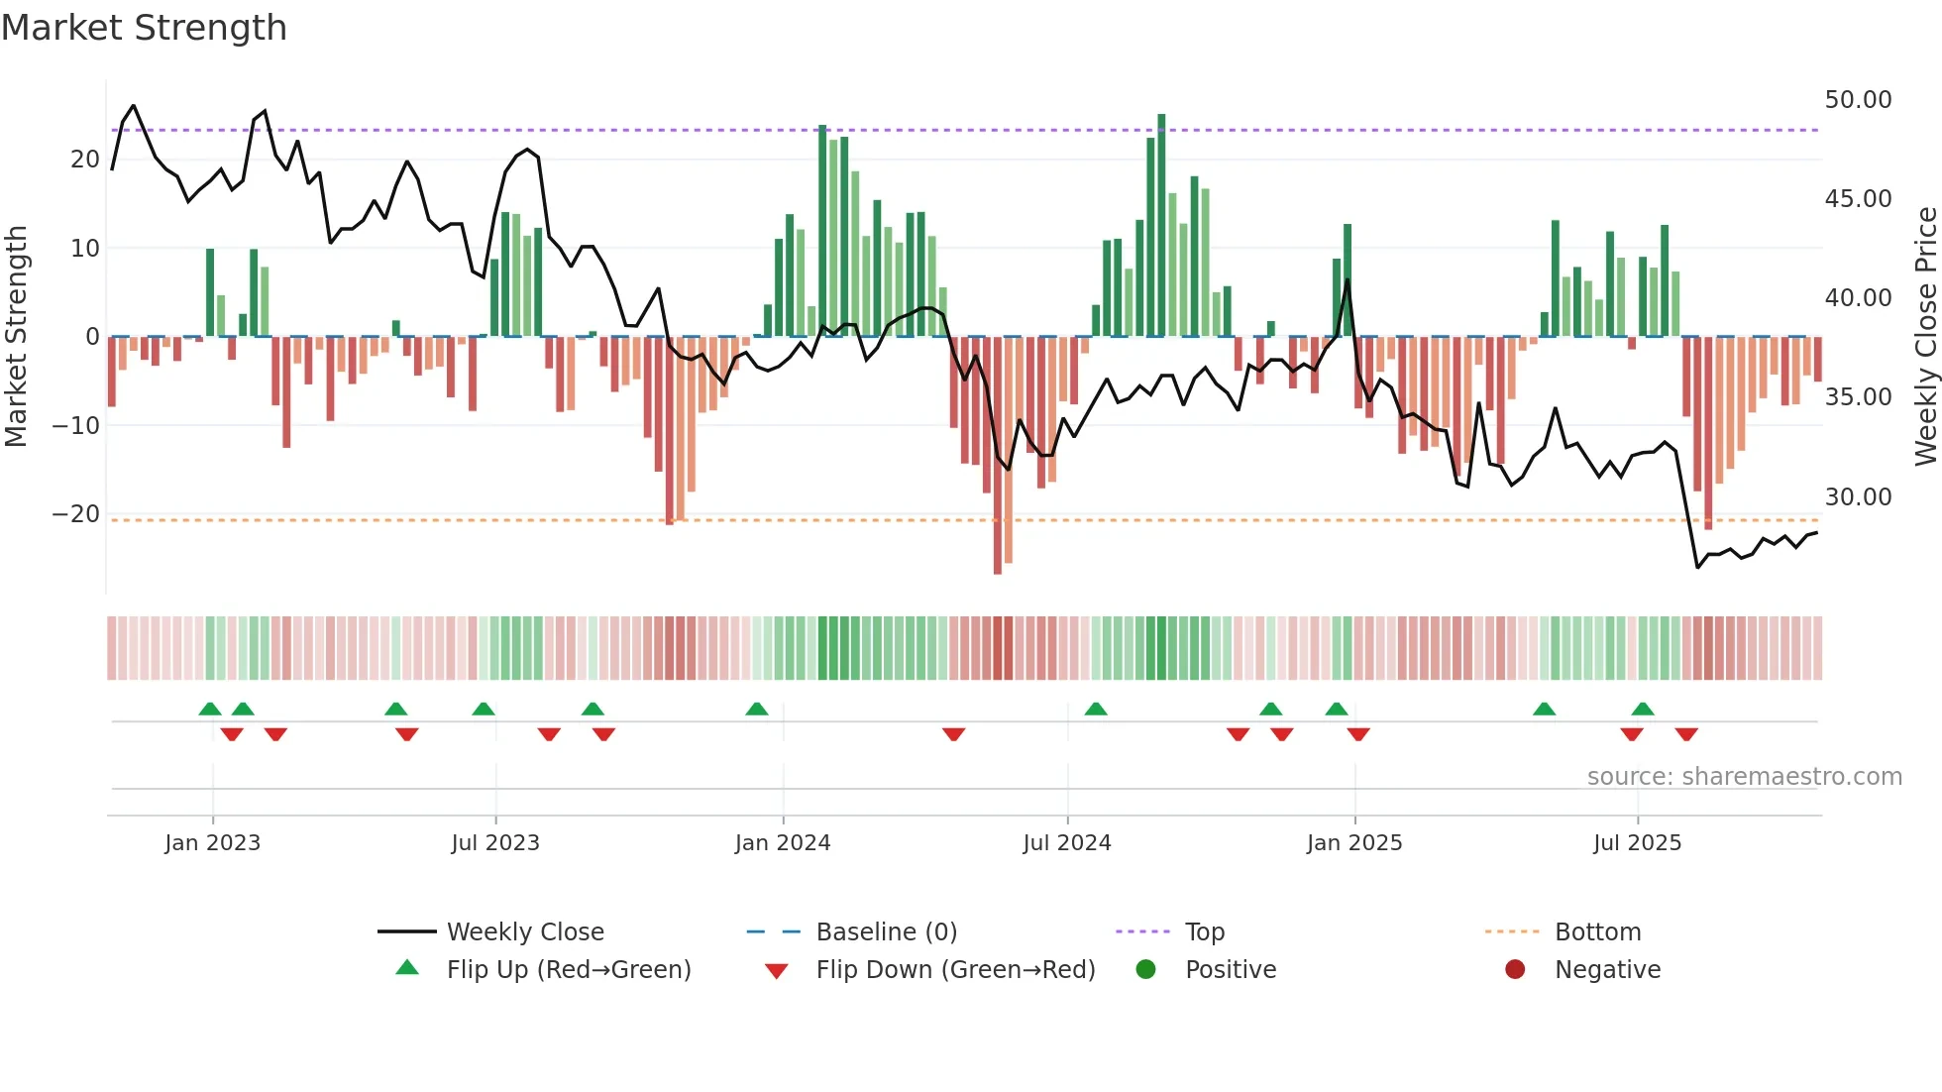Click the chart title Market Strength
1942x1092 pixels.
144,28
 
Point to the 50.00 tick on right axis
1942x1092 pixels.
1858,100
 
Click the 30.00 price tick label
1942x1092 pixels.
1858,496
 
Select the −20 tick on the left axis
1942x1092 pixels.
76,514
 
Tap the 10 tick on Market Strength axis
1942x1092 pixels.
85,248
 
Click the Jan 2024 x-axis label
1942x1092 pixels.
783,843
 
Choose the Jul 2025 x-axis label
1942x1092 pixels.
1637,843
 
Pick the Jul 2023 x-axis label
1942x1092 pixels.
495,843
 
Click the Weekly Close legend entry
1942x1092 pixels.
524,932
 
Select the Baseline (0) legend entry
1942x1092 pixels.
886,932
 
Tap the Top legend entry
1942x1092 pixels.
1205,932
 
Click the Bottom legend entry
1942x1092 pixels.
1597,932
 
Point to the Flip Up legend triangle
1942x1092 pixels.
407,968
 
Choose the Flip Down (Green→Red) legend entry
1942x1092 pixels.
955,970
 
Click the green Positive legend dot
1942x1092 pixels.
1146,969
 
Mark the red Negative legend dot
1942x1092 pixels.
1515,969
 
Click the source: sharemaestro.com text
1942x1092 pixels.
1744,777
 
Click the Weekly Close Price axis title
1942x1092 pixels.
1925,337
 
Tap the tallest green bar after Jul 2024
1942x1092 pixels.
1161,225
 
